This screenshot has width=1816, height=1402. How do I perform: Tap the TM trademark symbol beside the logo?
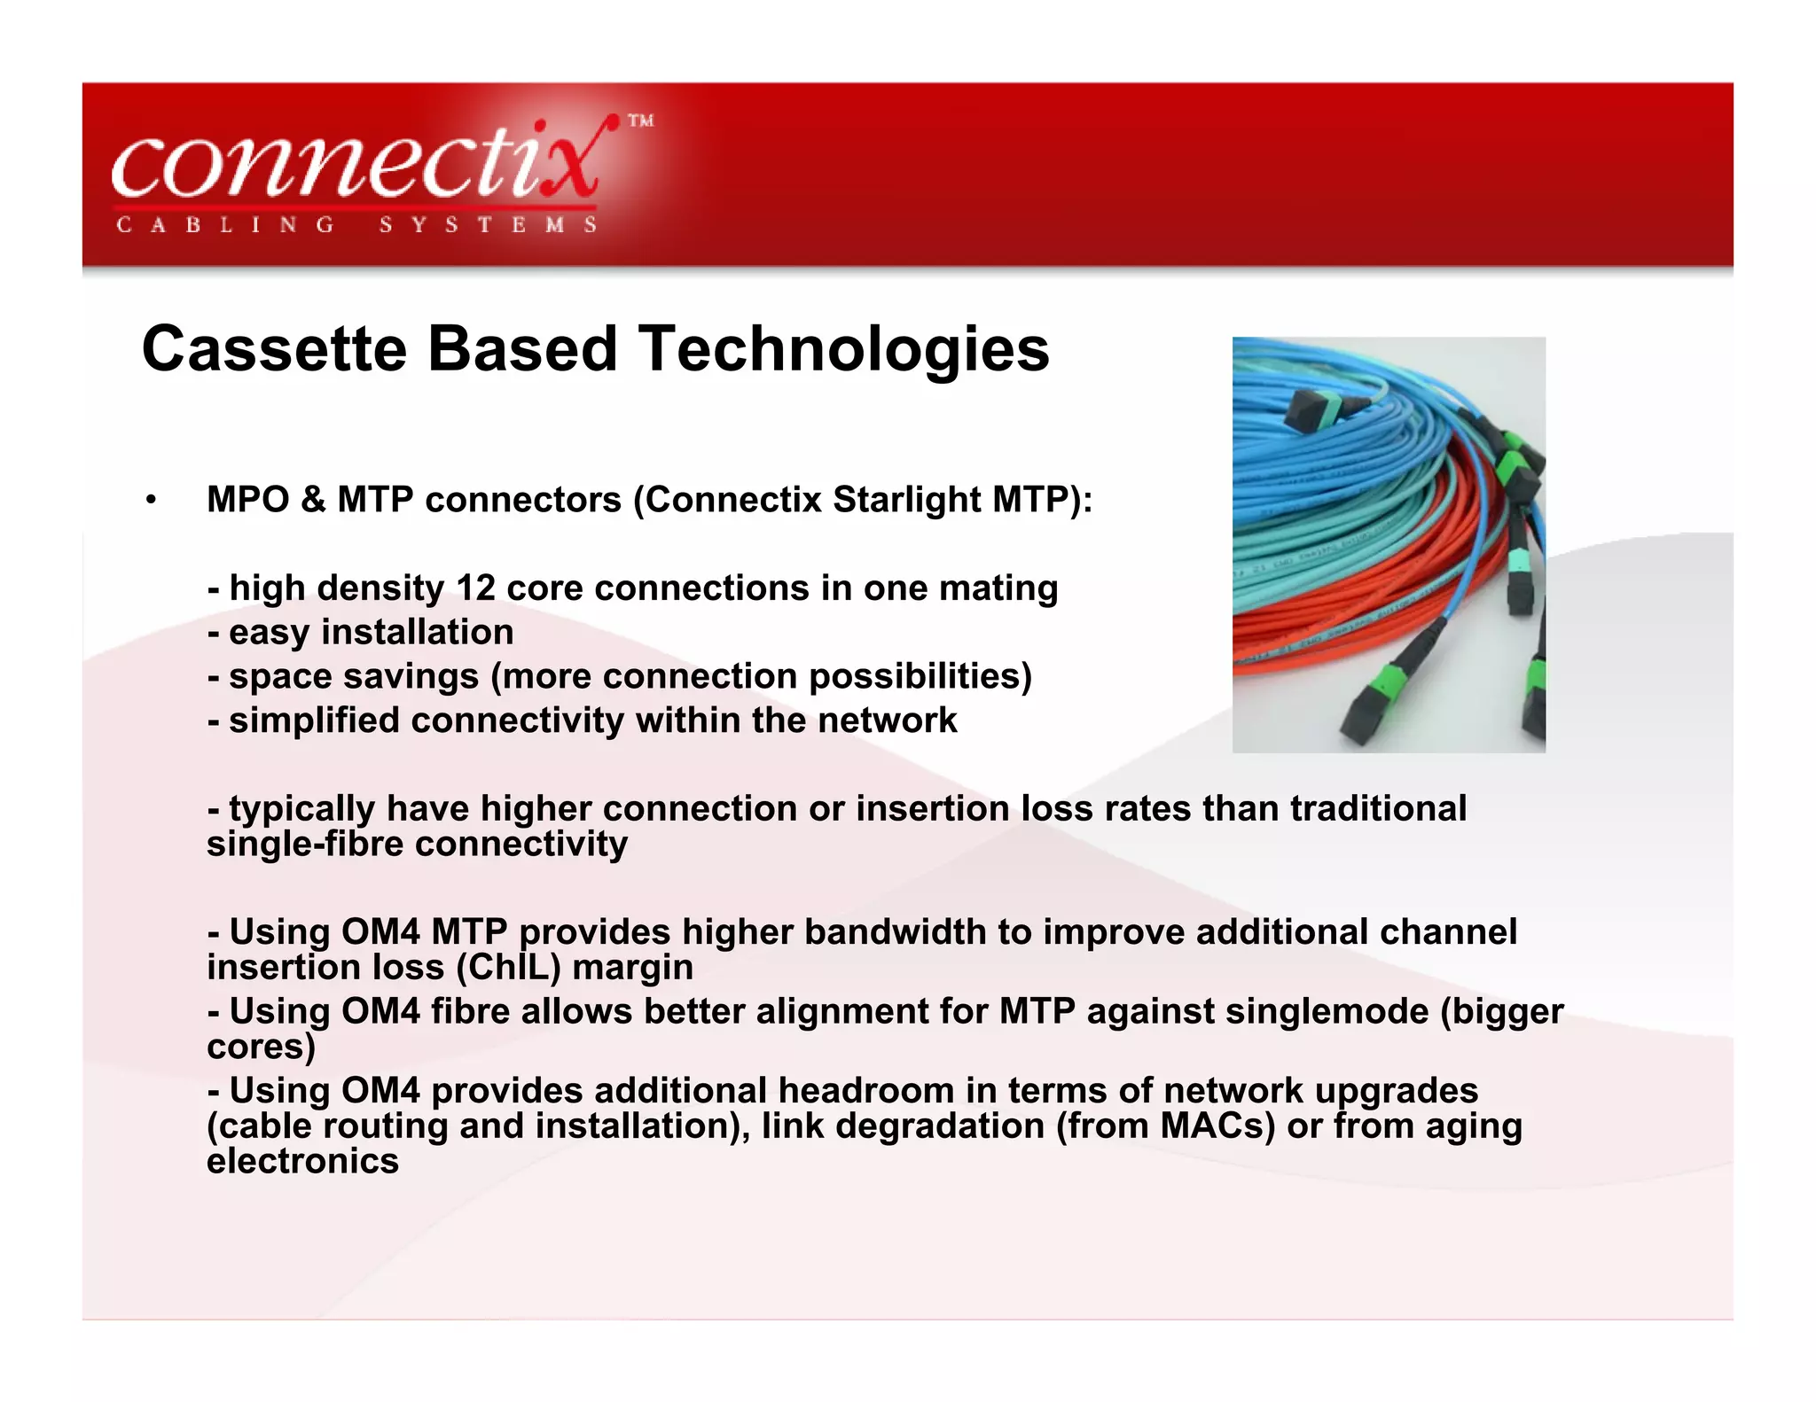[x=641, y=121]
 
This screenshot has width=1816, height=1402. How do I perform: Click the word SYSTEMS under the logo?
[x=488, y=225]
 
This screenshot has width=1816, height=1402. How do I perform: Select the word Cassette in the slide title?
[x=274, y=349]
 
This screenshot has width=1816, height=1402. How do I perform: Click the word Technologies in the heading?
[x=843, y=349]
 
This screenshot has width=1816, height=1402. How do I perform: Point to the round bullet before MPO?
[x=152, y=501]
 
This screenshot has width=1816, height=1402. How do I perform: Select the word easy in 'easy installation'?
[x=270, y=633]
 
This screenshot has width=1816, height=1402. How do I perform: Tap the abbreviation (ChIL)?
[x=508, y=968]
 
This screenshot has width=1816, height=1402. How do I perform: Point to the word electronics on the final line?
[x=302, y=1161]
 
